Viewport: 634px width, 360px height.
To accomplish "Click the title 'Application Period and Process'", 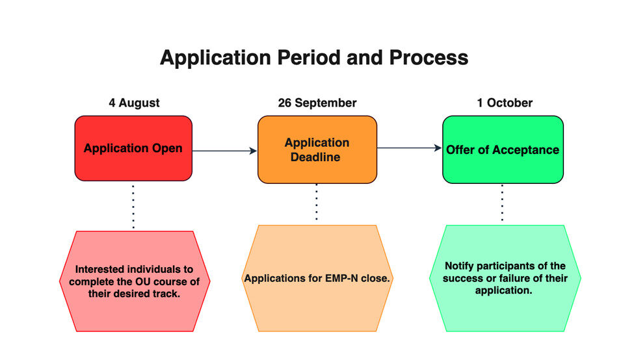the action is click(x=314, y=58).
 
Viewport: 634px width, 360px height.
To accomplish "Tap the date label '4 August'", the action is click(x=134, y=103).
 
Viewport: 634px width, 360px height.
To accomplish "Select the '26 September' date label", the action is click(x=317, y=103).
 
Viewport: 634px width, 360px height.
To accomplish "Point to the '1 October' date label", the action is click(x=505, y=103).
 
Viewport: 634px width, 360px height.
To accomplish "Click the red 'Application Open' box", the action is click(x=133, y=148).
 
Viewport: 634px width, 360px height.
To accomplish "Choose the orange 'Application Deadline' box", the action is click(x=317, y=149).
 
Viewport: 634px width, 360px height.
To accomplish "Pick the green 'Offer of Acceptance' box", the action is click(x=503, y=149).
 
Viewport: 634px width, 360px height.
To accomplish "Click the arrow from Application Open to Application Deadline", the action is click(x=224, y=151).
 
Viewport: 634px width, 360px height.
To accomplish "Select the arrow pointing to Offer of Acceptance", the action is click(x=410, y=148).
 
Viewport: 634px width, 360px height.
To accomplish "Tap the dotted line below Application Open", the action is click(x=133, y=207).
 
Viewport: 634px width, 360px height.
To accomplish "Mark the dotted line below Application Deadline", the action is click(x=317, y=201).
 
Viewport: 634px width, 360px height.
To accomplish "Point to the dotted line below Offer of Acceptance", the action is click(x=502, y=203).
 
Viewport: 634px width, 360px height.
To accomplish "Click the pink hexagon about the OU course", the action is click(x=135, y=281).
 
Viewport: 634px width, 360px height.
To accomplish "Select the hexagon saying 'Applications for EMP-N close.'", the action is click(x=317, y=278).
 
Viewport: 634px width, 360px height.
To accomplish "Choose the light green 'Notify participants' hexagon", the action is click(x=505, y=278).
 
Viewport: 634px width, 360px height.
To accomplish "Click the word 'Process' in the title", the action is click(x=429, y=58).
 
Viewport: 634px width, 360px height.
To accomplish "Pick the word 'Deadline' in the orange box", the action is click(x=315, y=157).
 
